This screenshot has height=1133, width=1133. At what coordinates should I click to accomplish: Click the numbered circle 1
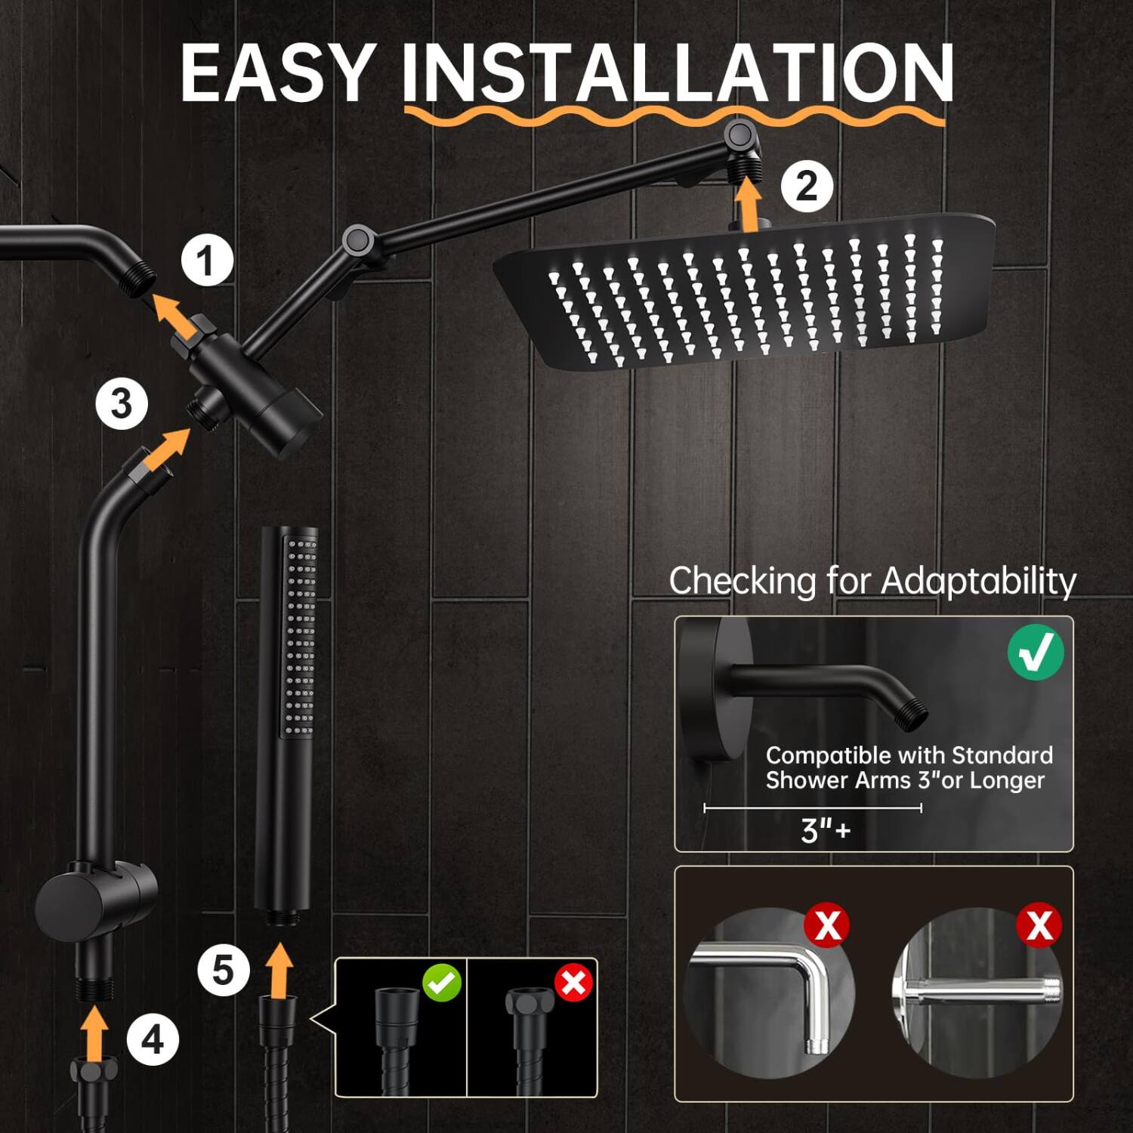(206, 261)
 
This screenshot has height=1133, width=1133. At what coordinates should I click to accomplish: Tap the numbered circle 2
(806, 187)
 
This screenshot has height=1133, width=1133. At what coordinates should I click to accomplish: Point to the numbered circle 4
(153, 1040)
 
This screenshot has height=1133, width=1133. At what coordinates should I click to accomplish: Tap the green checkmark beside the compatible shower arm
(1035, 652)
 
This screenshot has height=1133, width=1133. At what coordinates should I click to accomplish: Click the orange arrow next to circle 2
(748, 203)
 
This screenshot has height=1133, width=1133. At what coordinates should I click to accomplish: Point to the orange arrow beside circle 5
(280, 970)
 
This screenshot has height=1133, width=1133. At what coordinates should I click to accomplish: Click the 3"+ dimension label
(825, 830)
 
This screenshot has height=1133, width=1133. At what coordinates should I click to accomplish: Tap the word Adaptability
(978, 581)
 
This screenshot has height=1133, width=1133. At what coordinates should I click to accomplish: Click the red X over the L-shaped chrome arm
(827, 925)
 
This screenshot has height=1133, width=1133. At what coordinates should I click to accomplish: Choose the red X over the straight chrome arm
(1039, 925)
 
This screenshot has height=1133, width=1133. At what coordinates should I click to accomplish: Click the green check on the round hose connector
(442, 983)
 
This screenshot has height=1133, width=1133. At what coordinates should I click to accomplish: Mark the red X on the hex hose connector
(573, 983)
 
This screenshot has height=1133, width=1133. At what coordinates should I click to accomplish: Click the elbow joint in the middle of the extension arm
(357, 241)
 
